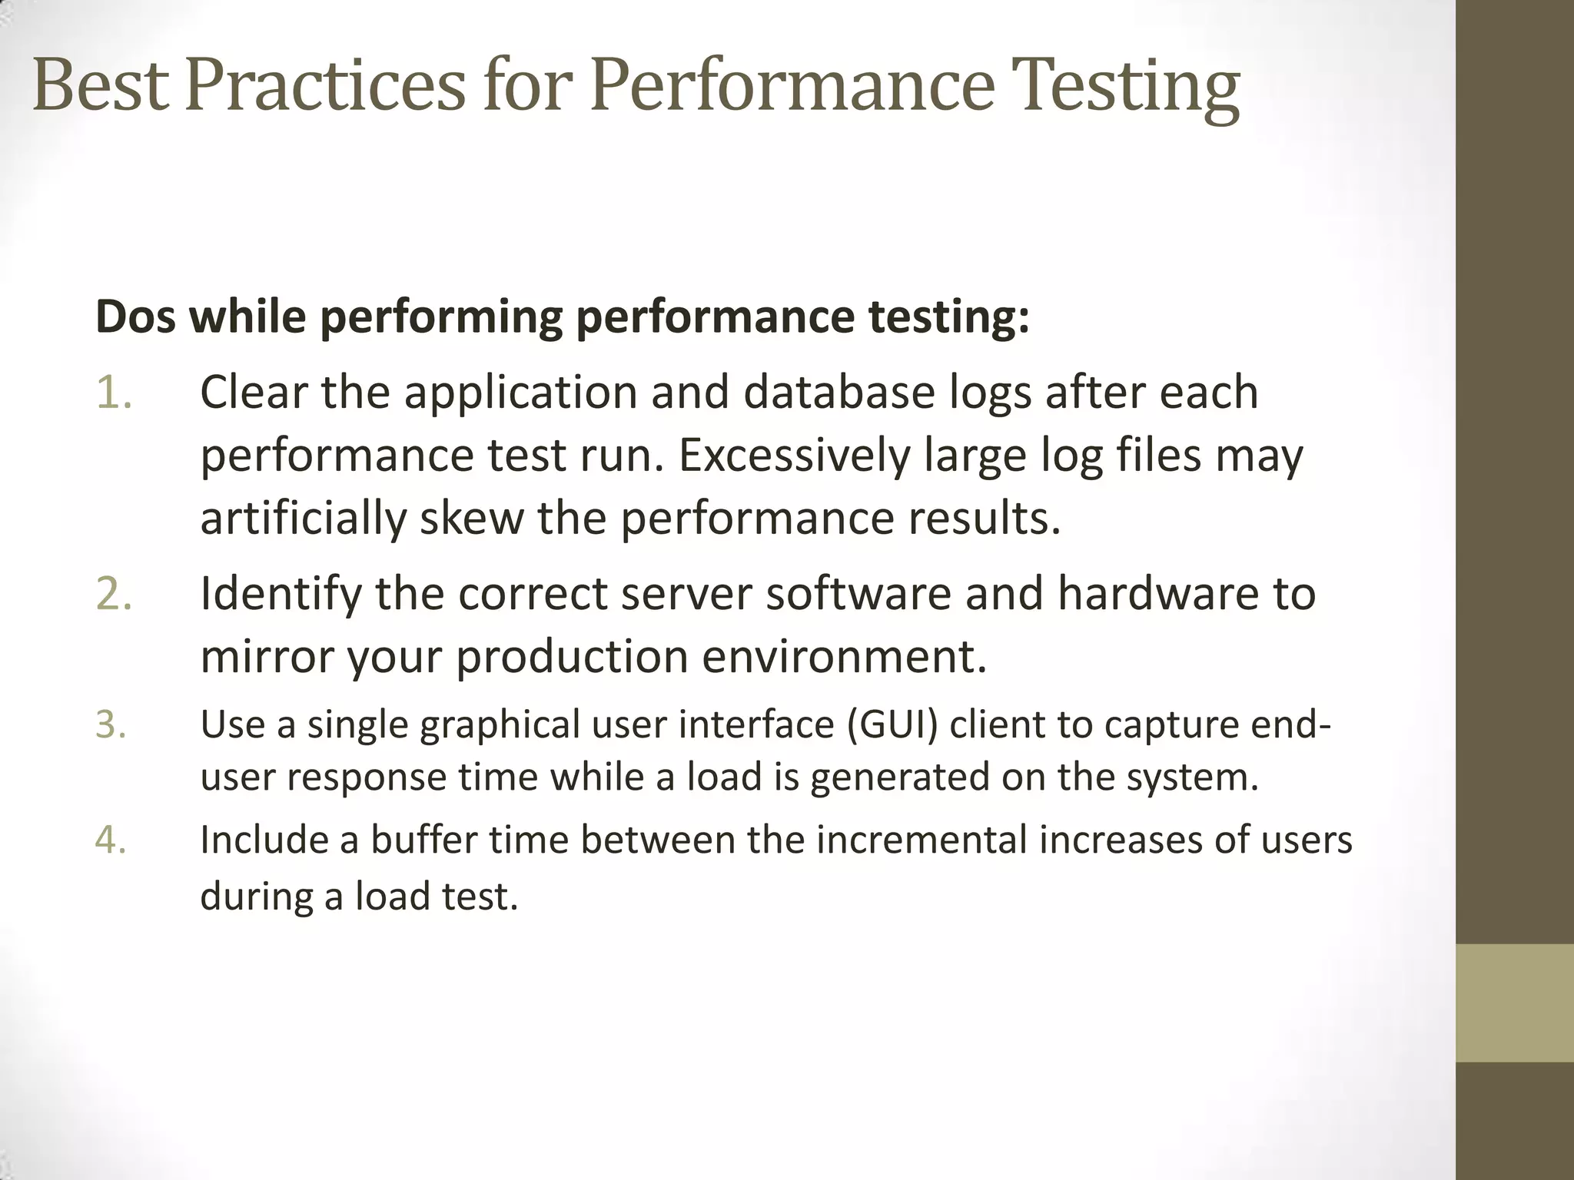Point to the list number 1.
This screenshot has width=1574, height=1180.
114,393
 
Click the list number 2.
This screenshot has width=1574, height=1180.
114,594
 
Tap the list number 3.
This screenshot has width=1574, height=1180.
111,724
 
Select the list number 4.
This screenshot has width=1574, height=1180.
111,840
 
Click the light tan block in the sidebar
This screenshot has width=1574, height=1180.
1514,1003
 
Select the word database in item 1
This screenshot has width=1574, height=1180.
839,393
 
